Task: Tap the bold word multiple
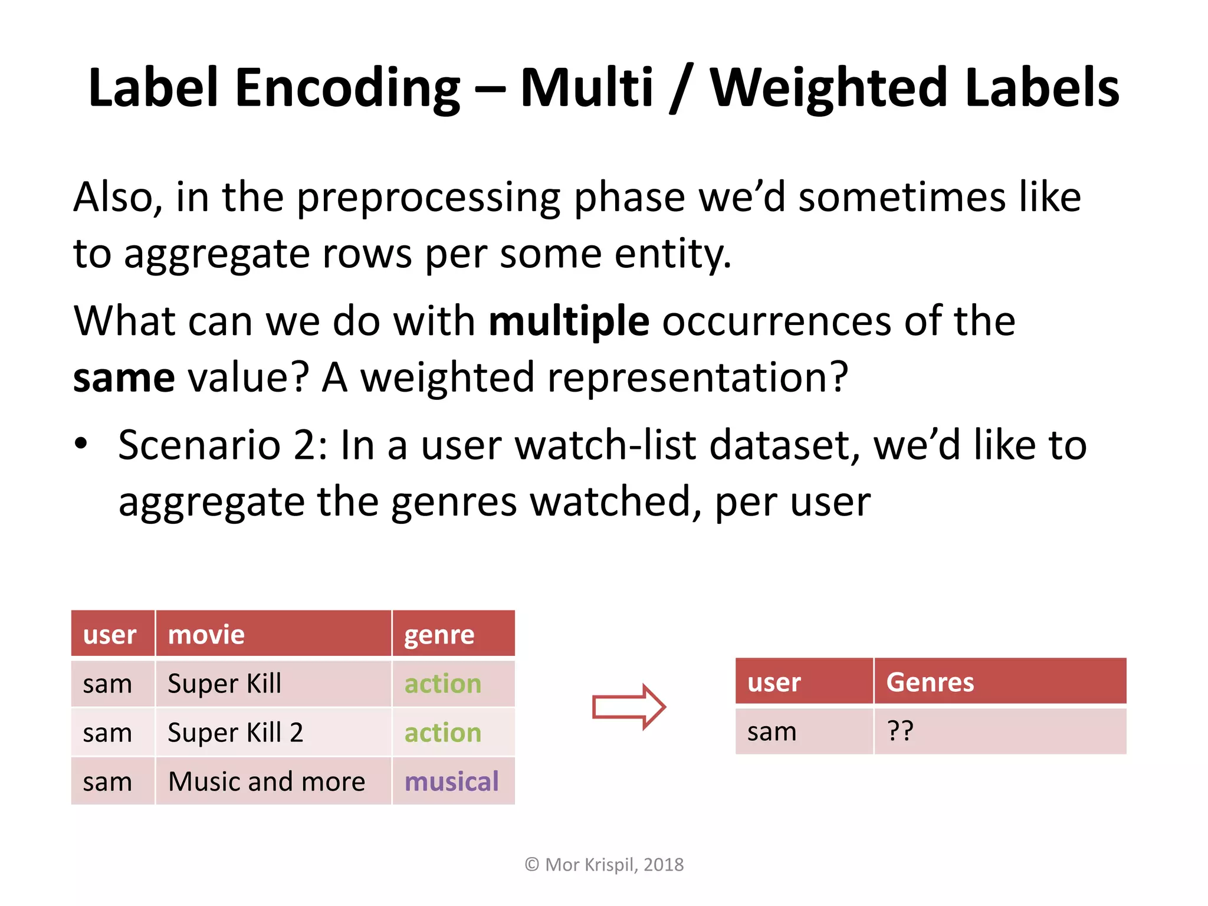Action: tap(569, 321)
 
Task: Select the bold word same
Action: tap(124, 378)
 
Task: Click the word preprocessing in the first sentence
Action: tap(428, 198)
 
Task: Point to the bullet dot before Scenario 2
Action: tap(81, 444)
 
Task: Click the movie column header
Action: tap(206, 635)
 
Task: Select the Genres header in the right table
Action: tap(930, 682)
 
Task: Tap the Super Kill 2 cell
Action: tap(235, 733)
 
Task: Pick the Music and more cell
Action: tap(267, 782)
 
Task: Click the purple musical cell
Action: tap(451, 782)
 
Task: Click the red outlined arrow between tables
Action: tap(629, 707)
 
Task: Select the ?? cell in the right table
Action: tap(900, 731)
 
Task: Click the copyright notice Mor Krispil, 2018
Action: tap(604, 865)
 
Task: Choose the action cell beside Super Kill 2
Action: tap(442, 733)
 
